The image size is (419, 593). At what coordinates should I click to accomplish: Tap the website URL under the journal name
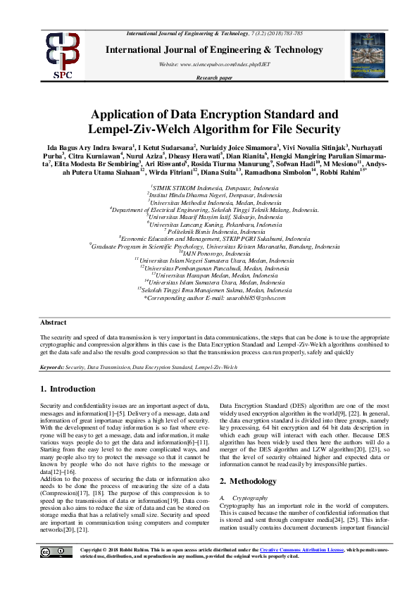click(x=209, y=64)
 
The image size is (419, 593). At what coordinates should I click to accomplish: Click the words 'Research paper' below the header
click(x=209, y=77)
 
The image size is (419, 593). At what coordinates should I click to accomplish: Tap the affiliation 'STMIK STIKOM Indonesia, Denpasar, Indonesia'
click(x=209, y=189)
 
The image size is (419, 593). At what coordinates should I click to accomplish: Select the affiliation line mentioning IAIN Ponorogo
click(x=209, y=252)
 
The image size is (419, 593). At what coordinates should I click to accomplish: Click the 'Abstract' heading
click(x=54, y=322)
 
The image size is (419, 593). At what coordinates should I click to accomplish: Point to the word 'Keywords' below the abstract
click(x=52, y=367)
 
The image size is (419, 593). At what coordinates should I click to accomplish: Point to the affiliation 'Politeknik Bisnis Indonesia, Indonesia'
click(x=209, y=231)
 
